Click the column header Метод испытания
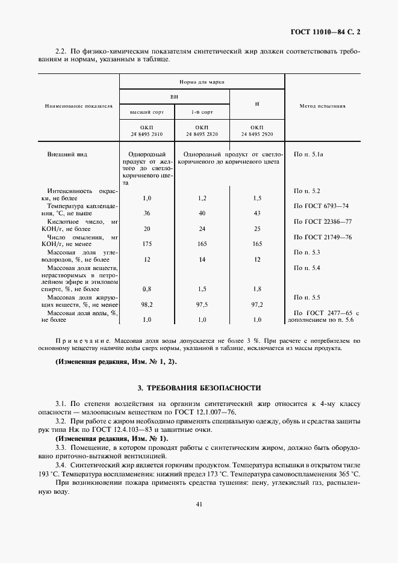[x=322, y=105]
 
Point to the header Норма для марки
[x=201, y=81]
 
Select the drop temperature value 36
[x=146, y=213]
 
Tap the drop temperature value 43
[x=257, y=213]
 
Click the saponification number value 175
[x=146, y=244]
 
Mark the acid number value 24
[x=202, y=229]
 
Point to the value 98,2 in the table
[x=146, y=304]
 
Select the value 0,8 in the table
[x=146, y=289]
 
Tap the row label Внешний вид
[x=67, y=155]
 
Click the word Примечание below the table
[x=83, y=340]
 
